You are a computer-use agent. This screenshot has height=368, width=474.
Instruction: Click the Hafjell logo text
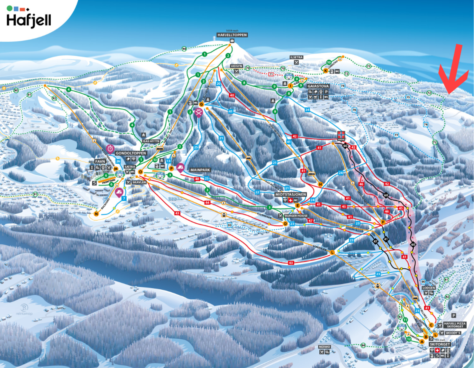tap(28, 20)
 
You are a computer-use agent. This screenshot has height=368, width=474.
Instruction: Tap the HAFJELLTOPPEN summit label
tap(232, 35)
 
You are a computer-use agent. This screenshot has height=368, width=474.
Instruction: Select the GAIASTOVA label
tap(318, 86)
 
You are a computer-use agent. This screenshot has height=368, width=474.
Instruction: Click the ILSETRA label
tap(296, 57)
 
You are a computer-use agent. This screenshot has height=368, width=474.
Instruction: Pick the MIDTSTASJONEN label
tap(291, 194)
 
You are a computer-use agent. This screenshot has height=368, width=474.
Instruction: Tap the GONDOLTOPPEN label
tap(131, 153)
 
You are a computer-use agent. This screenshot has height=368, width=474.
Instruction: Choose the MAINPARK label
tap(200, 170)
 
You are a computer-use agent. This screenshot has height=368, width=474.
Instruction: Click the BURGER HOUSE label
tap(296, 216)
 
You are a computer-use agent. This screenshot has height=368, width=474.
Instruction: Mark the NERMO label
tap(324, 347)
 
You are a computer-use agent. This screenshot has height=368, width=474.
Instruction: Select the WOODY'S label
tap(453, 333)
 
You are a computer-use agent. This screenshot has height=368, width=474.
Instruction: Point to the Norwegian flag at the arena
tap(341, 135)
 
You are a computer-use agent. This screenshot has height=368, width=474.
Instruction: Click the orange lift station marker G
tap(201, 104)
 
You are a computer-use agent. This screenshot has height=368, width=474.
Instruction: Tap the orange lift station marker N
tap(96, 214)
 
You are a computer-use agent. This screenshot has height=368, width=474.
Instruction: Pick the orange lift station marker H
tap(320, 184)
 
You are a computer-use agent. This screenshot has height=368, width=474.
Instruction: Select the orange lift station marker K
tap(326, 71)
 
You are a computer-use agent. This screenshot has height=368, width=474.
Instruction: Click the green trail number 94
tap(184, 49)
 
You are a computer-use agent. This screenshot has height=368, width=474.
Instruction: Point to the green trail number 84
tap(363, 345)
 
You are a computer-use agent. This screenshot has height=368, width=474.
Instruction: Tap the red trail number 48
tap(197, 179)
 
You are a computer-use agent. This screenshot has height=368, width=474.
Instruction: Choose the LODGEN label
tap(429, 288)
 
